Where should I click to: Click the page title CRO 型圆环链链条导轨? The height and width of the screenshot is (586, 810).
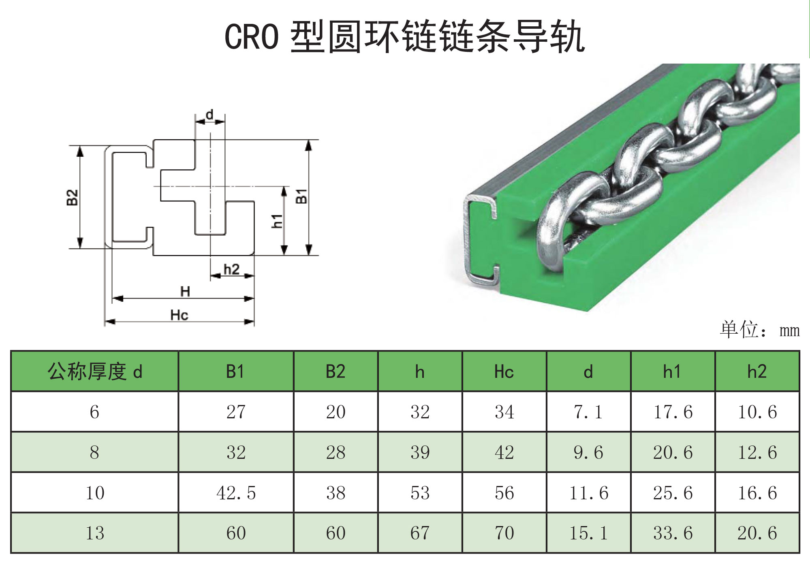404,37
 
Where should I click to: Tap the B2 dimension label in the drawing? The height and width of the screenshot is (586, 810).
72,197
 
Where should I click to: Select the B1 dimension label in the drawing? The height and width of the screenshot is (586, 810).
301,196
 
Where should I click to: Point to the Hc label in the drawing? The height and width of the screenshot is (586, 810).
179,315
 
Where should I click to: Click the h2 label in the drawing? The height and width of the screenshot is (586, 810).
231,269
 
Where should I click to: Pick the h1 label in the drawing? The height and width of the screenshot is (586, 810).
277,221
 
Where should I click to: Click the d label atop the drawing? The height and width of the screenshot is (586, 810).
209,115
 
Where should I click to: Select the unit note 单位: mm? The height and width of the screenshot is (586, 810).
759,330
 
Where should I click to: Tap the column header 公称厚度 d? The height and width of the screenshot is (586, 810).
95,371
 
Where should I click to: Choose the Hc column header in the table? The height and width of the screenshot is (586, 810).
504,371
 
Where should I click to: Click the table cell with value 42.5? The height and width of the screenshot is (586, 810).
236,493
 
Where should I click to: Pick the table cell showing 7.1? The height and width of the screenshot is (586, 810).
588,412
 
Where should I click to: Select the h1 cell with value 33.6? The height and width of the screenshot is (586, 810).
673,533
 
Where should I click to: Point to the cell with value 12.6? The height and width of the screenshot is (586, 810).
757,452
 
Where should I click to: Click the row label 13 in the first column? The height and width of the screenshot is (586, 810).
95,533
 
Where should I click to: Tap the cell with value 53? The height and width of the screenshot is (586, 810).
420,493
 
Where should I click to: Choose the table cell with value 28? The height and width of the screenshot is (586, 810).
336,452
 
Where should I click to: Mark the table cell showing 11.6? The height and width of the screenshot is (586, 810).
588,493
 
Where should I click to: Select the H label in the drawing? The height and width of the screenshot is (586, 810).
185,291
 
